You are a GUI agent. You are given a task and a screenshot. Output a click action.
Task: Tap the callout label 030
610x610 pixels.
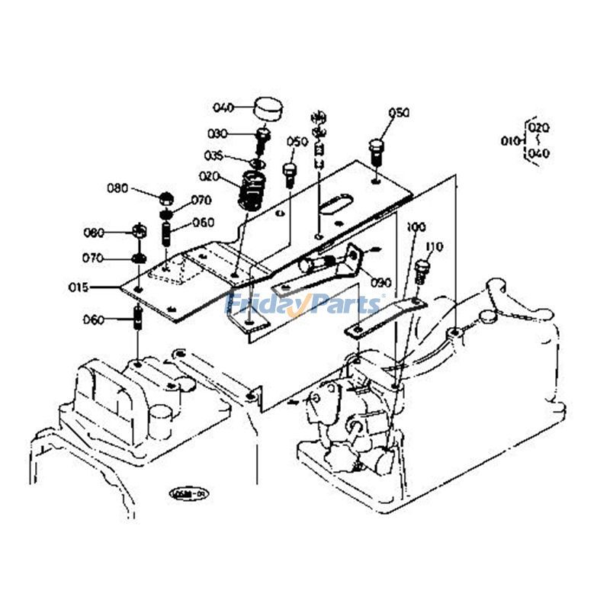point(217,133)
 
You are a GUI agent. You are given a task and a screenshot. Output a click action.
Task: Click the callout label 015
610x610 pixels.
point(99,287)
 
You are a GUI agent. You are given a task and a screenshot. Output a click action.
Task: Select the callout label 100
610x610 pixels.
point(416,227)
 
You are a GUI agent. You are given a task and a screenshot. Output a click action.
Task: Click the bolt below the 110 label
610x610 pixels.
point(425,271)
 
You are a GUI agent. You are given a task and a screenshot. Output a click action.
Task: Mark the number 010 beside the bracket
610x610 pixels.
point(509,140)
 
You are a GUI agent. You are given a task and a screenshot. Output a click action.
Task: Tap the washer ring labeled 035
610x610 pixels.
point(258,162)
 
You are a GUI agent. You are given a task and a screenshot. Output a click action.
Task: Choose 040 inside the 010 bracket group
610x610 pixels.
point(538,153)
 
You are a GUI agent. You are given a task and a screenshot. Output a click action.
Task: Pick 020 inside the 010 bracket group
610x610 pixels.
point(538,127)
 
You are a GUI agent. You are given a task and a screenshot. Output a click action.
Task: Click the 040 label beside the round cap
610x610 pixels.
point(223,107)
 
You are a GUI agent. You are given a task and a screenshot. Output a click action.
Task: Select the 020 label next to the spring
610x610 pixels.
point(210,176)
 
